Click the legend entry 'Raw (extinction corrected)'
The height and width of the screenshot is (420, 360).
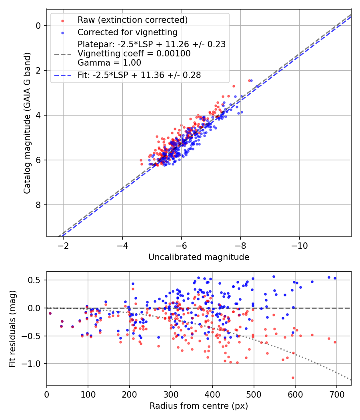click(x=132, y=20)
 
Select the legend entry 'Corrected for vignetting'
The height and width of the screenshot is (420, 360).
click(x=127, y=32)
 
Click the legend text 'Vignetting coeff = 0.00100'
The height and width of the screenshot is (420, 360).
click(x=134, y=53)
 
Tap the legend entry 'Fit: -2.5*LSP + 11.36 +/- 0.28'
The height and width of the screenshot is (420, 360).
click(x=139, y=75)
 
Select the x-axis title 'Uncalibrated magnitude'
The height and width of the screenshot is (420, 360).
click(x=199, y=257)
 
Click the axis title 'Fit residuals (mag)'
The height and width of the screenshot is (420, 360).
click(x=13, y=328)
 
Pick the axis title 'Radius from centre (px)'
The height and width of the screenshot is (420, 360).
click(x=199, y=406)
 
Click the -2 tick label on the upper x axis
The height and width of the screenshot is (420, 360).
click(x=63, y=245)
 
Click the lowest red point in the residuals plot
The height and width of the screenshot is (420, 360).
click(x=293, y=378)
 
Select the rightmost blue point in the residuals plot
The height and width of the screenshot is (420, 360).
click(x=335, y=278)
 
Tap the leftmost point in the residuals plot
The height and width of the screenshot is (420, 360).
click(x=50, y=313)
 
